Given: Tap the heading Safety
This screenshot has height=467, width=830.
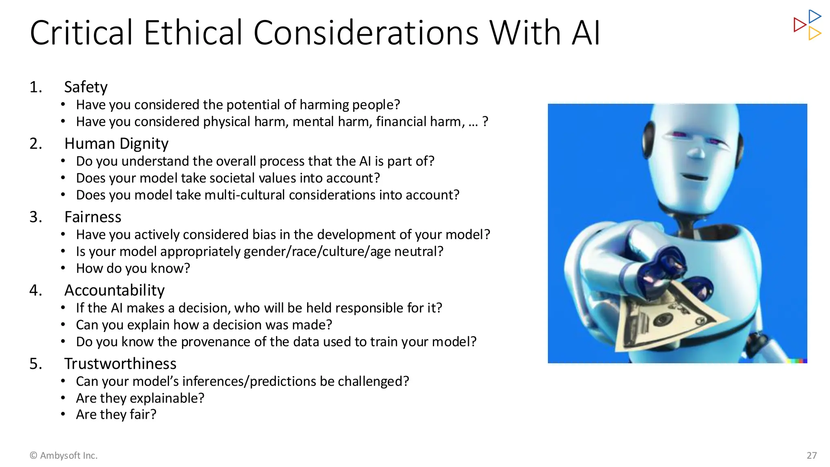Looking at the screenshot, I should click(x=86, y=87).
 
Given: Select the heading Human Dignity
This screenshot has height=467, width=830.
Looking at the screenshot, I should click(x=116, y=144).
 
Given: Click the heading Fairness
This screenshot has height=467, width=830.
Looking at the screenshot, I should click(x=93, y=217).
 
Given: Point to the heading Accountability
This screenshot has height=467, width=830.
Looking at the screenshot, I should click(x=114, y=290).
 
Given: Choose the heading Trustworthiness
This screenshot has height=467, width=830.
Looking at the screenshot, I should click(x=120, y=364).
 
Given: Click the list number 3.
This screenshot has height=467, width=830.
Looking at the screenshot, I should click(x=35, y=217).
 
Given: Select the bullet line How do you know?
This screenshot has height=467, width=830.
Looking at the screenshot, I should click(x=133, y=268).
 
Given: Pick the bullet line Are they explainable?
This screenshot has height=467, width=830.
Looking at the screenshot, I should click(x=140, y=398).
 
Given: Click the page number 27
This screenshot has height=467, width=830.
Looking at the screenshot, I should click(x=811, y=455).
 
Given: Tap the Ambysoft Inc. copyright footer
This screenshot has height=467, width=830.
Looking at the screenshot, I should click(x=64, y=455).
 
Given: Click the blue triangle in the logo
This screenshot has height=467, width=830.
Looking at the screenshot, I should click(x=814, y=17).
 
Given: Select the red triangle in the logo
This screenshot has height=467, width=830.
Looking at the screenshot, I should click(x=799, y=25).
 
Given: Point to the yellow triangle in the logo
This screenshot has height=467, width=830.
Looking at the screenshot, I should click(x=814, y=33).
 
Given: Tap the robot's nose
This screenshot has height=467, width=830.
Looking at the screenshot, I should click(x=697, y=153).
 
